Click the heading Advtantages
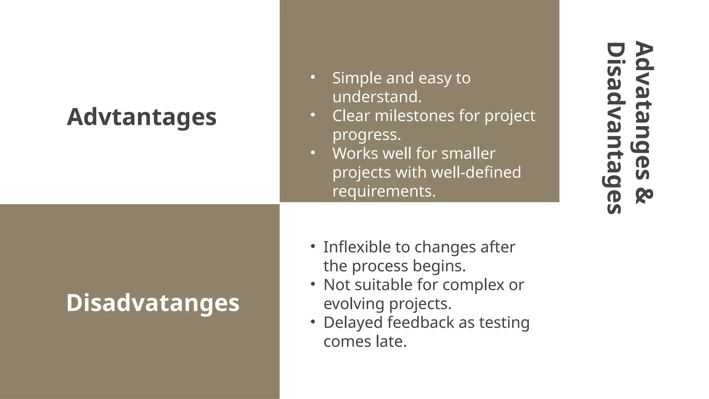tap(142, 117)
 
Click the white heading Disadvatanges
tap(153, 303)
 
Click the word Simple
tap(357, 78)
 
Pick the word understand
tap(376, 97)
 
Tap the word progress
tap(366, 135)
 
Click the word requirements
tap(383, 191)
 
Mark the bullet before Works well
tap(313, 152)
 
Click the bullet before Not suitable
tap(313, 284)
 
